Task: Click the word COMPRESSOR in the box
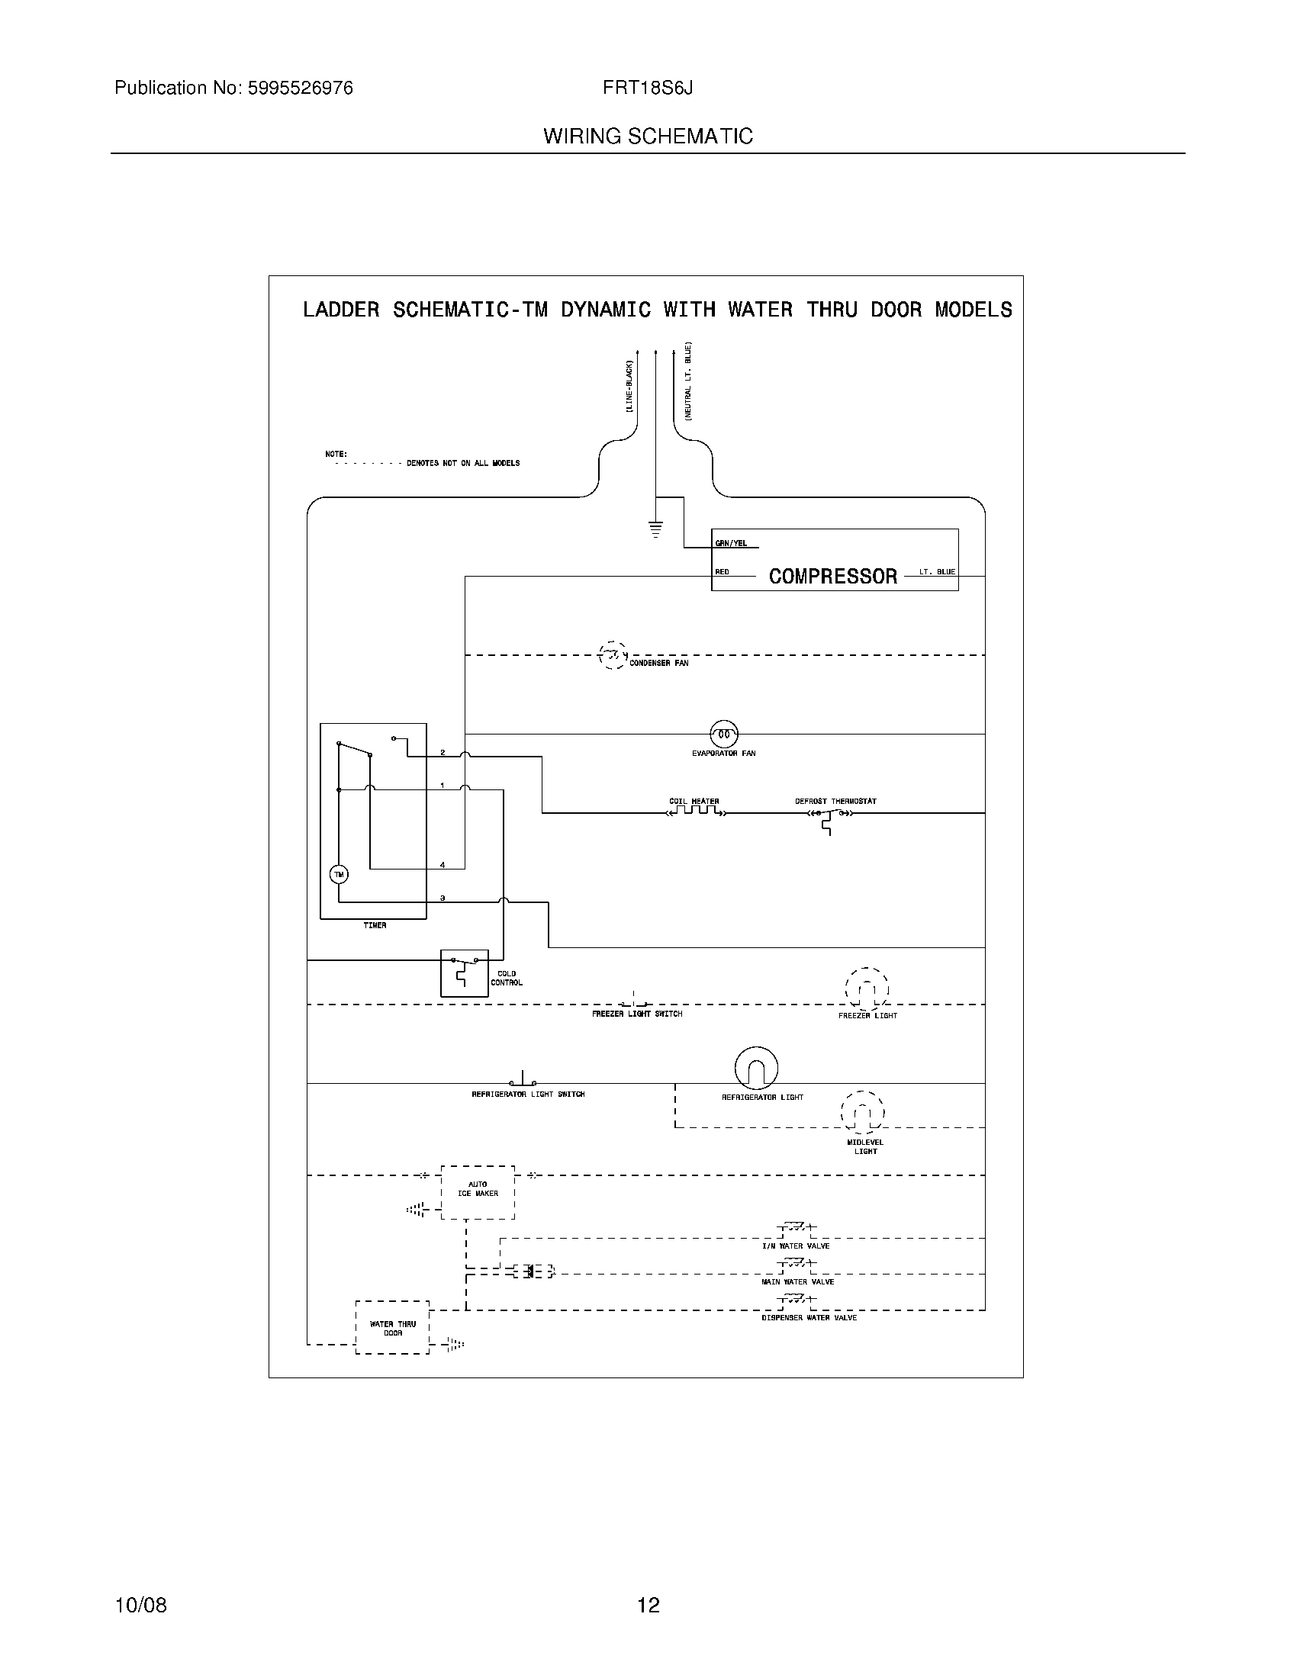[x=833, y=576]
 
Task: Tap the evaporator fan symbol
[x=723, y=735]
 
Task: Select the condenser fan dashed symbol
[x=612, y=655]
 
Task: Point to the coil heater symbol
[x=695, y=812]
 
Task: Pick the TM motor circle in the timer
[x=339, y=874]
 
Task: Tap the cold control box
[x=464, y=972]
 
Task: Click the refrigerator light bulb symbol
[x=756, y=1068]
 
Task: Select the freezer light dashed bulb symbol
[x=867, y=989]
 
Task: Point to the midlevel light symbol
[x=863, y=1112]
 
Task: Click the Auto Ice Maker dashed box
[x=477, y=1191]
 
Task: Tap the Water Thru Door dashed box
[x=392, y=1327]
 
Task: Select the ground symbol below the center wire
[x=655, y=529]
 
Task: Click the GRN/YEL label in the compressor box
[x=731, y=544]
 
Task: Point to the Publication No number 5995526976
[x=300, y=88]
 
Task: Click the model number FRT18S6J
[x=647, y=88]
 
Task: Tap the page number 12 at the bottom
[x=648, y=1605]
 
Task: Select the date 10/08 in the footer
[x=140, y=1605]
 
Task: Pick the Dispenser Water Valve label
[x=809, y=1318]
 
